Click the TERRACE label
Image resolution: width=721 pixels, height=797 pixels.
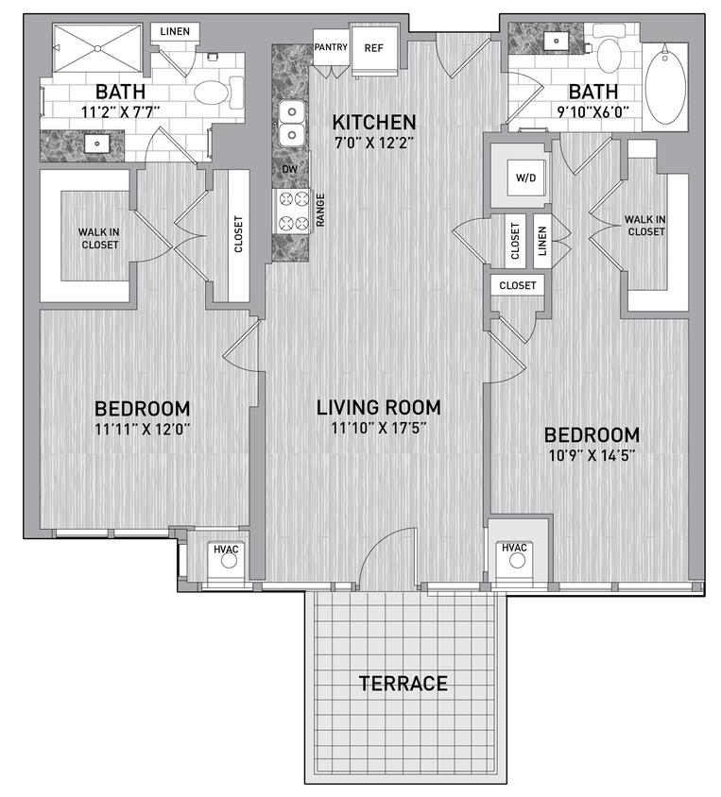tap(403, 684)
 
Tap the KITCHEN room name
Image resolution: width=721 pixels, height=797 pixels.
tap(373, 122)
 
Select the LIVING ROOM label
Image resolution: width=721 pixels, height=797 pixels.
tap(378, 407)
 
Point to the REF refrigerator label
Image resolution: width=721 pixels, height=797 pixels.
tap(374, 47)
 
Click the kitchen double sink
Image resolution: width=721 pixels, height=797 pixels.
tap(294, 122)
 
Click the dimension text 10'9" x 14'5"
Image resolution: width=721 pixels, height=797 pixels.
tap(592, 457)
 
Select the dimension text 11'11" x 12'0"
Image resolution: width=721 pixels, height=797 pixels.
tap(143, 430)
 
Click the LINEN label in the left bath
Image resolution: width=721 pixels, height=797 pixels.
tap(176, 31)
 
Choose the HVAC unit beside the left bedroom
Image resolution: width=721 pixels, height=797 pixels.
tap(227, 555)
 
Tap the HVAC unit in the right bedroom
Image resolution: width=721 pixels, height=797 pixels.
tap(515, 555)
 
